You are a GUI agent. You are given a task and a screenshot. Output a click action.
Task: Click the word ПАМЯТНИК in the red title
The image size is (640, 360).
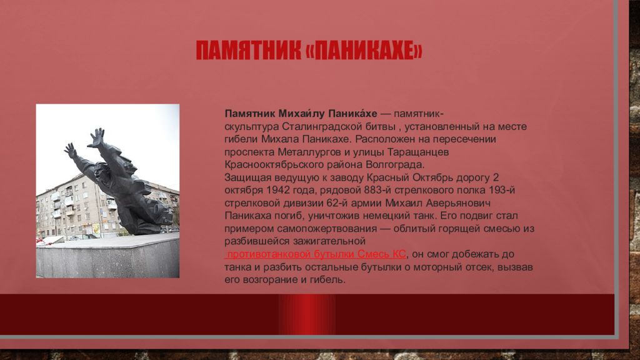[249, 50]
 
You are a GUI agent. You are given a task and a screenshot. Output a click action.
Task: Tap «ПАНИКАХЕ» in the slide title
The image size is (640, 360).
[364, 50]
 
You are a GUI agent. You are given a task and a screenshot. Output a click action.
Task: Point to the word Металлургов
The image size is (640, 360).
[309, 152]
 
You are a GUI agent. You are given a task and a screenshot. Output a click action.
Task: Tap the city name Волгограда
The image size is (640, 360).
[395, 165]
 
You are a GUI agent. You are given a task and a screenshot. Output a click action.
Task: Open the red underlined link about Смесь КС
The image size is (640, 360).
[315, 254]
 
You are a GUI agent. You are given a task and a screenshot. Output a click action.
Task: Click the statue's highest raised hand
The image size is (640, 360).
[97, 137]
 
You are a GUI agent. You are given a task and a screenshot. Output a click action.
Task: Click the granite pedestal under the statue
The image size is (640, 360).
[107, 256]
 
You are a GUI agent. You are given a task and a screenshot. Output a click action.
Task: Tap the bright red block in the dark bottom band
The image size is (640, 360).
[307, 314]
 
